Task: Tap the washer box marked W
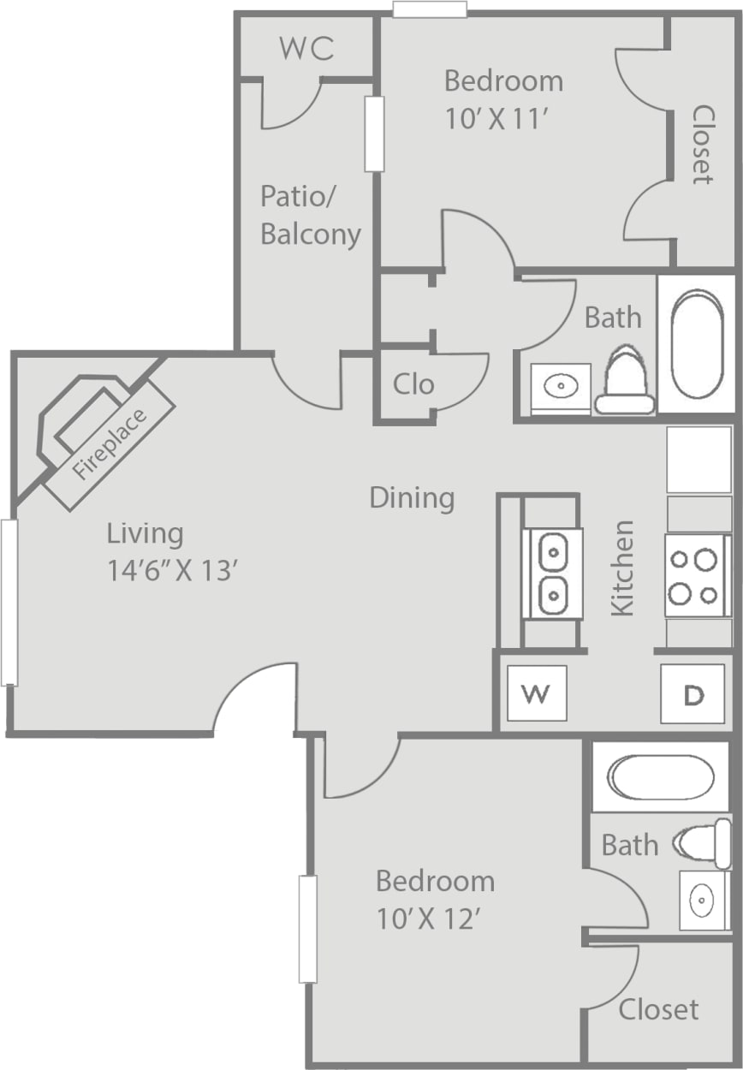(x=536, y=693)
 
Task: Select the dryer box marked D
(x=692, y=694)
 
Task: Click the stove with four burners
(x=696, y=575)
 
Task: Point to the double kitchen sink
(x=553, y=573)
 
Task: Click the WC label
(x=306, y=49)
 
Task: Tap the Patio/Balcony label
(x=310, y=215)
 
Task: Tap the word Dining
(x=412, y=497)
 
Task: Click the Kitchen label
(x=622, y=567)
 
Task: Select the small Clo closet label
(x=413, y=383)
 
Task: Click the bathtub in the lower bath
(x=659, y=776)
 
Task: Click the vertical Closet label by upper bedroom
(x=703, y=145)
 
